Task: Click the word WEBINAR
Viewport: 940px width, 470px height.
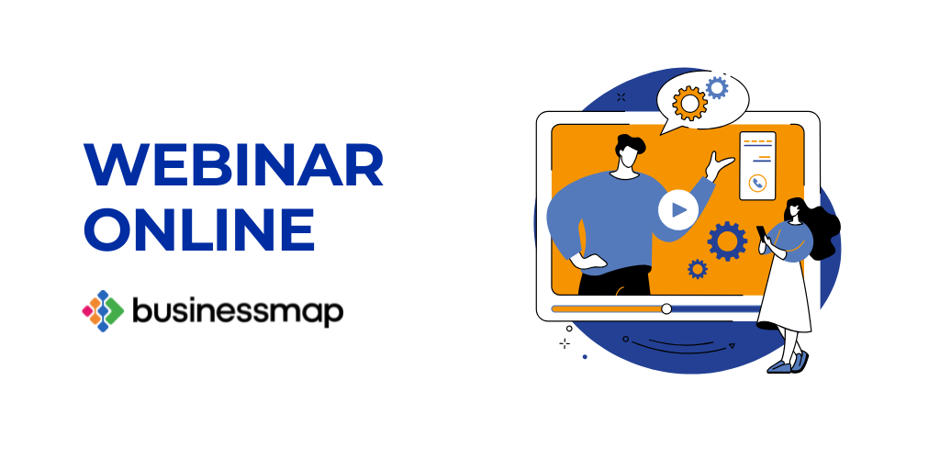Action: point(233,167)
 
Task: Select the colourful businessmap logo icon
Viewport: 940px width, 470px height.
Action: point(102,311)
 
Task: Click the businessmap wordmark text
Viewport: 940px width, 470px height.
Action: point(238,311)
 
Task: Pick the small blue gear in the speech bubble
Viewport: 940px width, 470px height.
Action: point(716,87)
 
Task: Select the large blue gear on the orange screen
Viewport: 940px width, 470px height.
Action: point(727,241)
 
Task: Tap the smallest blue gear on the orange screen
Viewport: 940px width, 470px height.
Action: point(698,269)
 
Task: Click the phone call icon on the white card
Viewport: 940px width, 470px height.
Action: point(757,183)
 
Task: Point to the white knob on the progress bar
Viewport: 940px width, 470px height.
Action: point(666,308)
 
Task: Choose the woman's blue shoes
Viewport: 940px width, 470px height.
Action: point(789,363)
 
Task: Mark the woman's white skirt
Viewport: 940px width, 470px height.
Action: point(786,294)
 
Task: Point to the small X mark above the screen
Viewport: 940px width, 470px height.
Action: point(621,96)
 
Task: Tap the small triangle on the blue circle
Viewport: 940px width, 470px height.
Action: point(732,345)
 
